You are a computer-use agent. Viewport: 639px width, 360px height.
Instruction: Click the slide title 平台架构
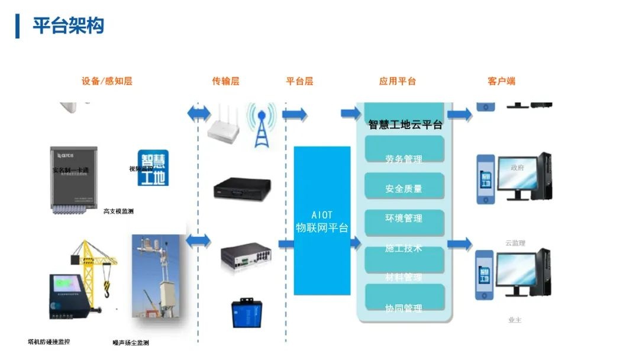pyautogui.click(x=68, y=25)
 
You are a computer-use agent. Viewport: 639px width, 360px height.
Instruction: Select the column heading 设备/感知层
pyautogui.click(x=107, y=81)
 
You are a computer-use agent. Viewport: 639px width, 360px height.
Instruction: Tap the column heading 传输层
pyautogui.click(x=225, y=81)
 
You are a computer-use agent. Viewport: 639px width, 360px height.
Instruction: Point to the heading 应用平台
pyautogui.click(x=398, y=81)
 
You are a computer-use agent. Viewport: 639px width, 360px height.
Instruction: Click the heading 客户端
pyautogui.click(x=501, y=81)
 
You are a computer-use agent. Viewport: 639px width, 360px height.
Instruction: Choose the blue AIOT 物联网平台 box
pyautogui.click(x=322, y=221)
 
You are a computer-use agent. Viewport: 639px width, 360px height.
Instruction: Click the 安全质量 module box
pyautogui.click(x=404, y=186)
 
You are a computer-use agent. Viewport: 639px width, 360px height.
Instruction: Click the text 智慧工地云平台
pyautogui.click(x=405, y=125)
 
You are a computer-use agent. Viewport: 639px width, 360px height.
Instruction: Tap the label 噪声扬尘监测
pyautogui.click(x=131, y=343)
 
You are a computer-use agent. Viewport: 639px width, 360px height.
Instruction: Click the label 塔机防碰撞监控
pyautogui.click(x=49, y=342)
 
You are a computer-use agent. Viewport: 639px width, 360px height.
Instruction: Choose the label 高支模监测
pyautogui.click(x=118, y=211)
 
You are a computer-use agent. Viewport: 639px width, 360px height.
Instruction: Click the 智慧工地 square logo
pyautogui.click(x=153, y=168)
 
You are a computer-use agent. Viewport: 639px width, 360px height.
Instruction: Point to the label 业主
pyautogui.click(x=515, y=320)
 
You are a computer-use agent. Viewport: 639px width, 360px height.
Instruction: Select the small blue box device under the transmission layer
pyautogui.click(x=246, y=313)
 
